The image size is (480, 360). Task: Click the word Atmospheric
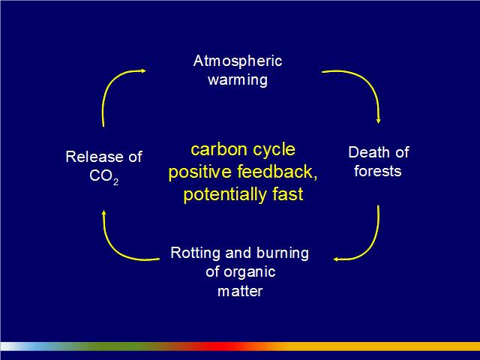[238, 61]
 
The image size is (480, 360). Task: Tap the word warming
[238, 80]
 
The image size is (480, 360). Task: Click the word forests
[378, 171]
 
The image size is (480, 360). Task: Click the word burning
[283, 253]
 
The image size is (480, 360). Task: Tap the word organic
[250, 272]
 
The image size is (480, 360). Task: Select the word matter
[240, 291]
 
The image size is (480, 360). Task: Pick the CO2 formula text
[104, 177]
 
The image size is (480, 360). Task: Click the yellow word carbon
[219, 150]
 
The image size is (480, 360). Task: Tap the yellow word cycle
[274, 151]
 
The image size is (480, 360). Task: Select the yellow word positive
[200, 172]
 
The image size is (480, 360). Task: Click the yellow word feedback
[277, 172]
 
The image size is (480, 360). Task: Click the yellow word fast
[288, 194]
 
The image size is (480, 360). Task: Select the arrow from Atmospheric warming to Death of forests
[367, 81]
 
